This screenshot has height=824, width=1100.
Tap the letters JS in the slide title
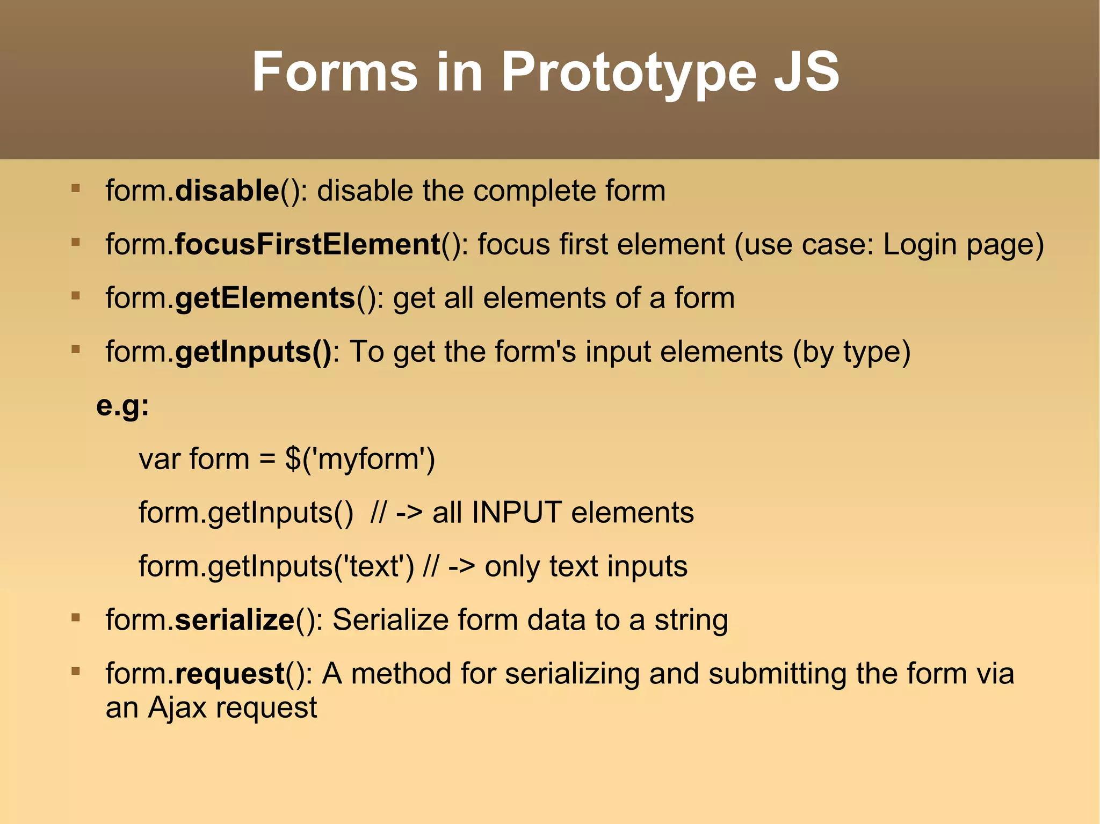click(x=807, y=72)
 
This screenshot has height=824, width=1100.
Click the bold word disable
click(x=227, y=191)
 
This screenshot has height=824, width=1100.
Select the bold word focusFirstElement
click(x=308, y=244)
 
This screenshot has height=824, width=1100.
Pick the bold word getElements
click(x=265, y=298)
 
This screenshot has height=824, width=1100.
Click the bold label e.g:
click(x=122, y=405)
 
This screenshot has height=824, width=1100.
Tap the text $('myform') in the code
click(x=360, y=459)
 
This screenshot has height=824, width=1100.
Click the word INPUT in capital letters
click(x=517, y=513)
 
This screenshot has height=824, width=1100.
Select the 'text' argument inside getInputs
click(x=374, y=566)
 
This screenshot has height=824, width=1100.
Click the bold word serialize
click(x=235, y=620)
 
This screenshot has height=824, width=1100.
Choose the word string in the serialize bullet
click(x=691, y=620)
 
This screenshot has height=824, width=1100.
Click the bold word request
click(x=230, y=674)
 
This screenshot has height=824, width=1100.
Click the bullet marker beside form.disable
click(x=76, y=188)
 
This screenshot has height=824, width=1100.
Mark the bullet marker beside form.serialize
click(x=76, y=618)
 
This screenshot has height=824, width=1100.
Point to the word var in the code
click(x=159, y=459)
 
